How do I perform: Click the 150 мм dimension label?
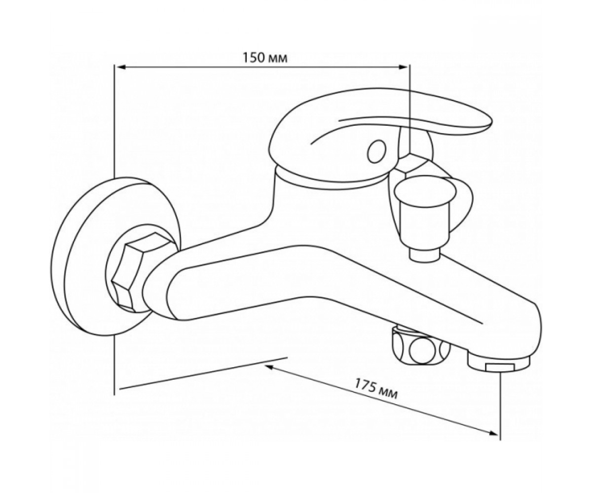265,58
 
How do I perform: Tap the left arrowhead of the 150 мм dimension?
121,67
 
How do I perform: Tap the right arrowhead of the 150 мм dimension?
403,67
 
